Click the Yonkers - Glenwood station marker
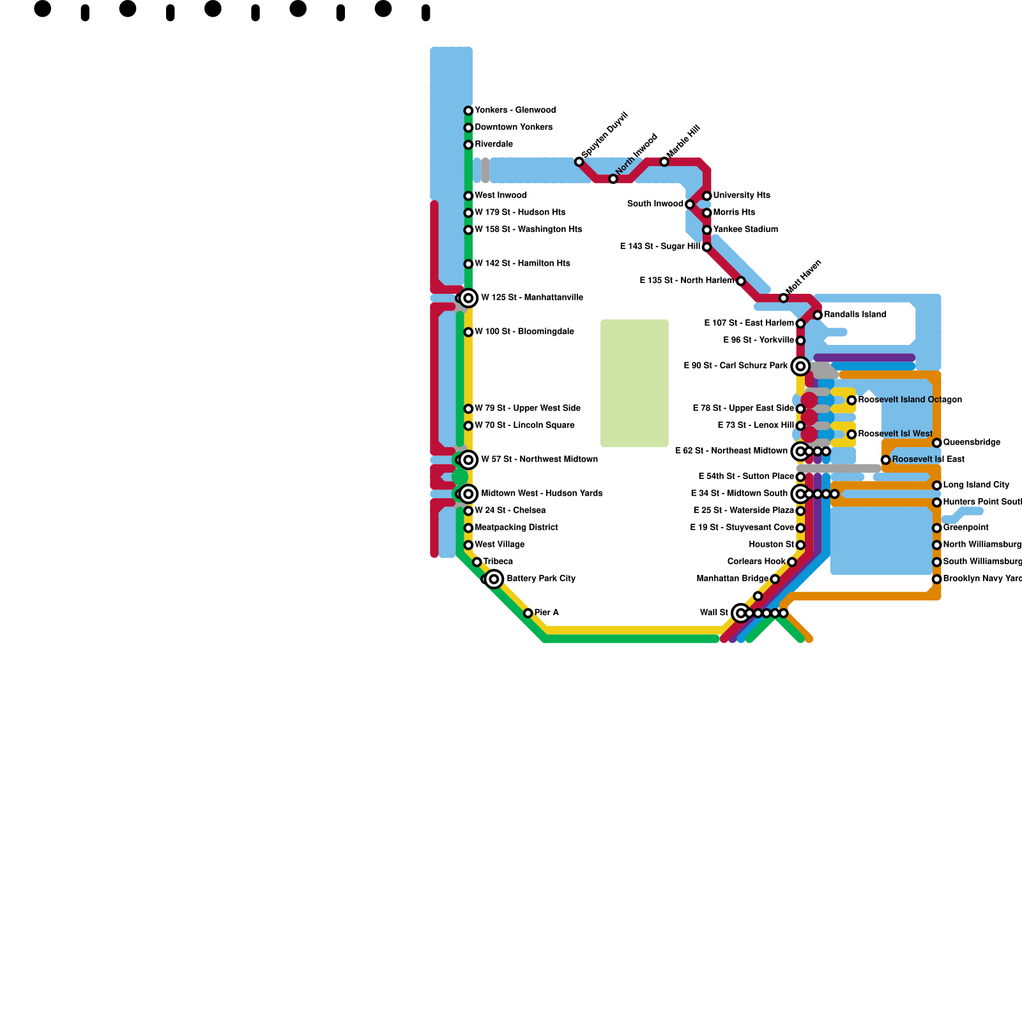point(468,111)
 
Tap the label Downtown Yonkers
point(514,127)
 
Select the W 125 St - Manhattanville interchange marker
point(468,298)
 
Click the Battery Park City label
point(541,579)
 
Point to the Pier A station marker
point(528,613)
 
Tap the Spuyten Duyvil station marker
point(579,162)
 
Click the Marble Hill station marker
point(664,162)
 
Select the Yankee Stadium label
point(745,229)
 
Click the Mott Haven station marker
point(784,298)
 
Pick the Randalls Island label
point(855,314)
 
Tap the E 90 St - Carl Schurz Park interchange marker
point(800,366)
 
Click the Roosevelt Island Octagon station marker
point(851,400)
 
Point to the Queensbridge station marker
point(936,443)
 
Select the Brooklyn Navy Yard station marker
point(936,579)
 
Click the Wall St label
point(714,613)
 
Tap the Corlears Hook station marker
point(792,562)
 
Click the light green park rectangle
point(634,383)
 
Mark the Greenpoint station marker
point(936,528)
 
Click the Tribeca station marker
point(477,562)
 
